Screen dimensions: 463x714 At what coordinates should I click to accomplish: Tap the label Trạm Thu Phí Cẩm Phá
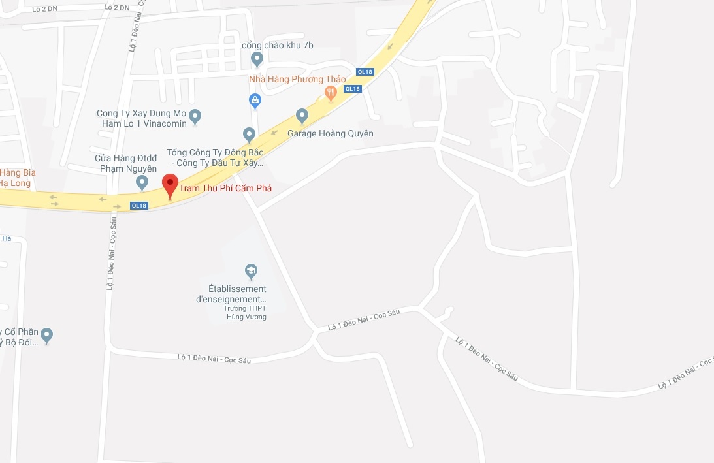[225, 188]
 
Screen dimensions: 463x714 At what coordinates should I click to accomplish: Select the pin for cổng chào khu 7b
[257, 59]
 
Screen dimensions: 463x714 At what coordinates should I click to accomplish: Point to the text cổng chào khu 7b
[278, 45]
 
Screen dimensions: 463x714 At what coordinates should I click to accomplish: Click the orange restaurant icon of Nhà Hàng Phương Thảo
[331, 94]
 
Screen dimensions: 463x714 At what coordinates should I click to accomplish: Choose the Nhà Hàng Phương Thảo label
[297, 80]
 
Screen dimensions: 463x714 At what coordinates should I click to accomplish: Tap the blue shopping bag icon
[255, 101]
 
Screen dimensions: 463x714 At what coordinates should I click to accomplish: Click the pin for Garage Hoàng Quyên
[302, 116]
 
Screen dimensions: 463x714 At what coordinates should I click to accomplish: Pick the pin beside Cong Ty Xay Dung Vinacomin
[195, 117]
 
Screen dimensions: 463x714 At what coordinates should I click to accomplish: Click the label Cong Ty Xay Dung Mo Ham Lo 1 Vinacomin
[142, 118]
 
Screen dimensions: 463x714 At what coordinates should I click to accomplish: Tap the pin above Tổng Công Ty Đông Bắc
[249, 134]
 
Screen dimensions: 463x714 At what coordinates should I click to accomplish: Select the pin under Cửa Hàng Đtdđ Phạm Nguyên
[142, 182]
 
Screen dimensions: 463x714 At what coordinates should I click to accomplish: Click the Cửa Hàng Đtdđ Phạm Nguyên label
[125, 163]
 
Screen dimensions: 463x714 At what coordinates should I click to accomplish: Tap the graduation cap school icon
[250, 271]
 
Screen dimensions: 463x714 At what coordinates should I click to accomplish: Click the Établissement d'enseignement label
[231, 294]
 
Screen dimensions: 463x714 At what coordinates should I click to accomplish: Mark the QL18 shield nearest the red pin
[139, 206]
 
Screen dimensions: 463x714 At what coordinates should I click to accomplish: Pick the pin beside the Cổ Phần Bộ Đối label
[46, 336]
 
